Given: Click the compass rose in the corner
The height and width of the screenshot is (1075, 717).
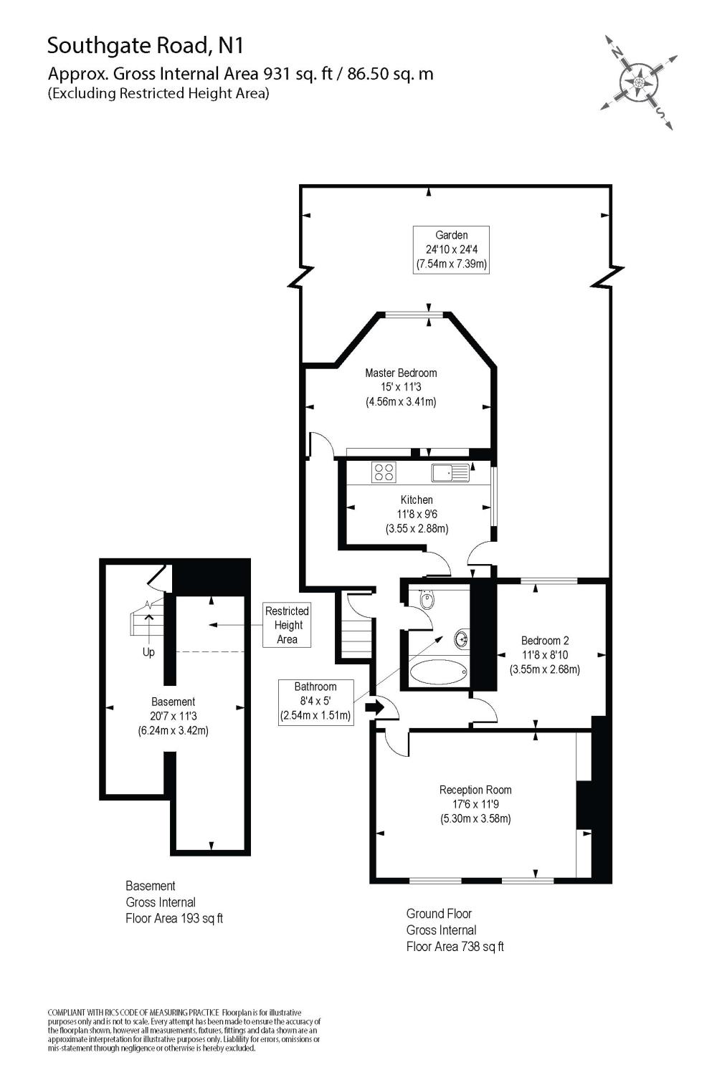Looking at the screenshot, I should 639,82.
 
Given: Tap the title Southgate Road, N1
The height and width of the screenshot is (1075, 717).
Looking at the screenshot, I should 146,46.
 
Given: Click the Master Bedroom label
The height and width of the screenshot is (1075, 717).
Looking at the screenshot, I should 401,387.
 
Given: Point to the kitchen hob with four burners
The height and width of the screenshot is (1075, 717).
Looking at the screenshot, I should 384,472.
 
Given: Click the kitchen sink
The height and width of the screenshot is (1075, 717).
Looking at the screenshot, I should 450,472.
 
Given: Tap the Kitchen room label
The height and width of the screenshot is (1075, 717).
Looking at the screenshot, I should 417,514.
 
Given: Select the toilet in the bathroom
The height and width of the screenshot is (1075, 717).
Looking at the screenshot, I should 427,599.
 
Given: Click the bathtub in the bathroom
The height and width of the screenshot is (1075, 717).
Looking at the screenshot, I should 438,673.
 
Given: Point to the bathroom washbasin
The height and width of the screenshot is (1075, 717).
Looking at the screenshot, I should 462,637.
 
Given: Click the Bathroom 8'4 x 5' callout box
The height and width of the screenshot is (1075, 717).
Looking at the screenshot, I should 315,701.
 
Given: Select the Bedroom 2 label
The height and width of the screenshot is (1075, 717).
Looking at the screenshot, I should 545,655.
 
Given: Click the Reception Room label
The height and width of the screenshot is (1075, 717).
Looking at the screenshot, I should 475,804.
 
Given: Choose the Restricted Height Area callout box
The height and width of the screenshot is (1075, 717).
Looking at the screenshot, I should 287,625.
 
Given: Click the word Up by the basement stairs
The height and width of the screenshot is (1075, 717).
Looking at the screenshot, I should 148,652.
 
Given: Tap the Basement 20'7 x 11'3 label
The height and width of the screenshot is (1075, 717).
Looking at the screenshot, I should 173,716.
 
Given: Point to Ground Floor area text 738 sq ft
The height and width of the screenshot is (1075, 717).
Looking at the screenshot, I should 455,930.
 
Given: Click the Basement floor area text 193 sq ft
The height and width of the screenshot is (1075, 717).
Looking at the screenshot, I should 174,902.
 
